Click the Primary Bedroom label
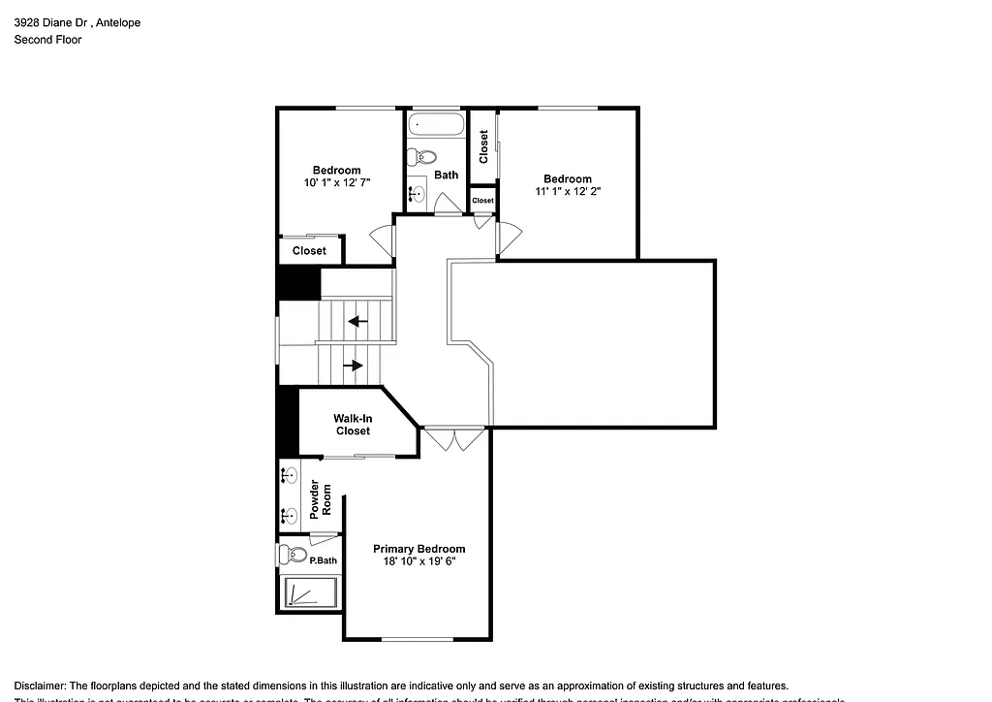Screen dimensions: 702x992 click(x=418, y=549)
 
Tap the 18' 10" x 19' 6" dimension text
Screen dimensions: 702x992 click(x=418, y=561)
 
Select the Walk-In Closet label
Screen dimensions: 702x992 click(x=353, y=425)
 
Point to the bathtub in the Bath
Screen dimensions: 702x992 click(x=436, y=124)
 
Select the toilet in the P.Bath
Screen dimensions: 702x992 click(x=294, y=556)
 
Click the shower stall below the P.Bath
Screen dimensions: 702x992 click(x=309, y=592)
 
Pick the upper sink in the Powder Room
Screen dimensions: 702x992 click(x=288, y=474)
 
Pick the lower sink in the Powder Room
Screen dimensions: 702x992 click(x=288, y=515)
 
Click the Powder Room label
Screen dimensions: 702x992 click(x=320, y=500)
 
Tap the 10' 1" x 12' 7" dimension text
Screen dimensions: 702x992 click(x=336, y=182)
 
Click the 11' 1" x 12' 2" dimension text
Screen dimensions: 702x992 click(x=567, y=192)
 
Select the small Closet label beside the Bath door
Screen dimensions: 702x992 click(x=482, y=201)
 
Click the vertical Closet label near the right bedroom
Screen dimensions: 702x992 click(x=483, y=146)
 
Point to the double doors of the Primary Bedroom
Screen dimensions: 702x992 click(x=454, y=439)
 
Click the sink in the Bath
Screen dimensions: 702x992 click(x=418, y=194)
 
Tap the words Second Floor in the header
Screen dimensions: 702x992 click(x=47, y=40)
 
